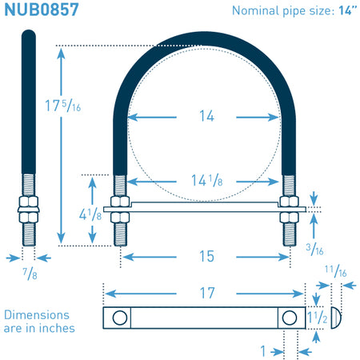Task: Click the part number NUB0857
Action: click(x=42, y=10)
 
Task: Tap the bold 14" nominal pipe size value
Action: click(x=347, y=10)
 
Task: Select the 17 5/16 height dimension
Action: click(x=63, y=106)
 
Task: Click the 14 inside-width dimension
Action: click(x=206, y=116)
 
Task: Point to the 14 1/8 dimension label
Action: click(x=207, y=180)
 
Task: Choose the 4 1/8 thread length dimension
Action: click(x=90, y=214)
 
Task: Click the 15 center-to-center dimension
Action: click(x=206, y=256)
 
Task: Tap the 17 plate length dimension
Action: click(x=207, y=293)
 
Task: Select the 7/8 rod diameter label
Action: click(x=30, y=274)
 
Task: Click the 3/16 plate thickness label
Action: click(x=314, y=250)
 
